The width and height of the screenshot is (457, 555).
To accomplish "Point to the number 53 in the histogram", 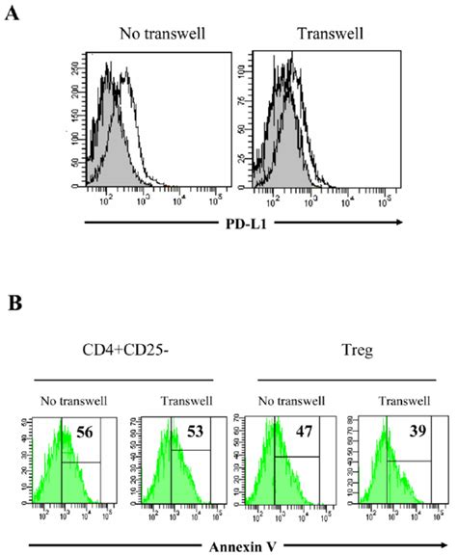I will (x=180, y=432).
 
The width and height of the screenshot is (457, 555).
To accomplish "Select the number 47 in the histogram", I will (x=287, y=432).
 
